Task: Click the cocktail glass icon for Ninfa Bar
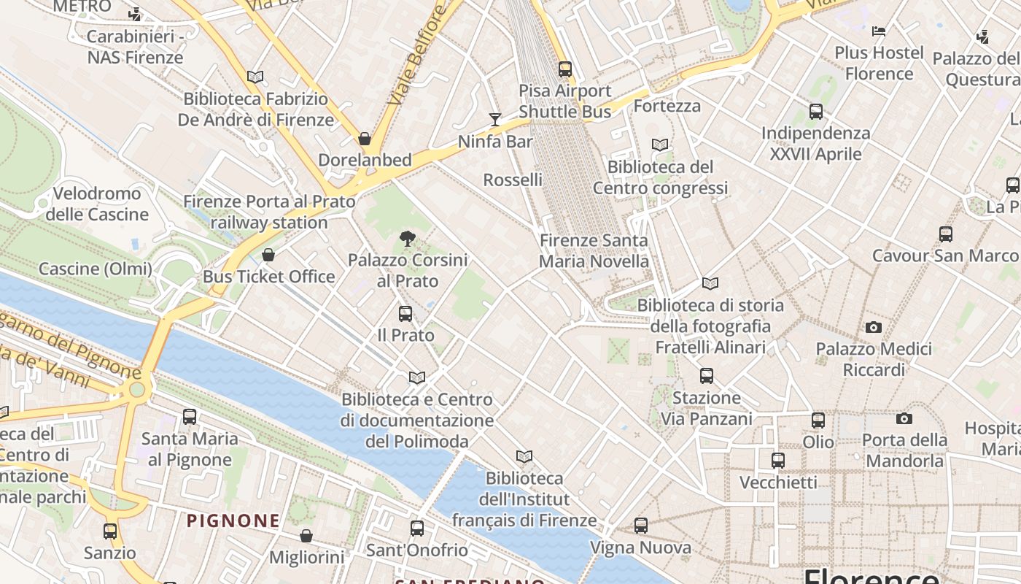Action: (x=495, y=119)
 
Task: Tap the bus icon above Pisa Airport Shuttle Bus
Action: (x=565, y=69)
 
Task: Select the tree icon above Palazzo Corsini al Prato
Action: (x=408, y=238)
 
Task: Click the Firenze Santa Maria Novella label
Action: (x=594, y=250)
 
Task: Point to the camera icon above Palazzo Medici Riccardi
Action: (x=873, y=328)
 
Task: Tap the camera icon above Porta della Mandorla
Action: (x=904, y=418)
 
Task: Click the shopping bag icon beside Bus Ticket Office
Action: (x=268, y=255)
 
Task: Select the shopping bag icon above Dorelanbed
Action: (x=365, y=139)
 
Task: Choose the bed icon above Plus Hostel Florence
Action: (x=879, y=31)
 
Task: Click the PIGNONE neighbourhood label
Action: (x=233, y=520)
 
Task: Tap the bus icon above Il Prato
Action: (x=405, y=314)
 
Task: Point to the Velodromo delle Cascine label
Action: (x=97, y=204)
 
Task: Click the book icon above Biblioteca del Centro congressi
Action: (x=660, y=145)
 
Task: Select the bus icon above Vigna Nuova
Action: (x=640, y=526)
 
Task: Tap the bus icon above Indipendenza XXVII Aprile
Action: (x=816, y=112)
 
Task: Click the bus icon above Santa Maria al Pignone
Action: (x=190, y=417)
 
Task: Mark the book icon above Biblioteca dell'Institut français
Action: (x=524, y=457)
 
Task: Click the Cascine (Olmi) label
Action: (x=96, y=269)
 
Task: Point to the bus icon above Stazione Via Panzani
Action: (x=706, y=376)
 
